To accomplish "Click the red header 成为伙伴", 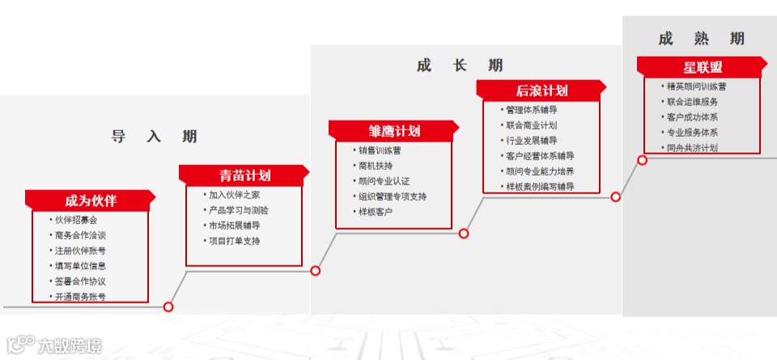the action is pyautogui.click(x=90, y=201).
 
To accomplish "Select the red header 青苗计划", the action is pyautogui.click(x=244, y=176).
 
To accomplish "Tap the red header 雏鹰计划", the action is pyautogui.click(x=393, y=131).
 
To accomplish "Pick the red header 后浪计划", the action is pyautogui.click(x=541, y=91).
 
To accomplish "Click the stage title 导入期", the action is pyautogui.click(x=154, y=137).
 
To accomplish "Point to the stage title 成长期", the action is pyautogui.click(x=460, y=66).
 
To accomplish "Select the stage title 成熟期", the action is pyautogui.click(x=701, y=39).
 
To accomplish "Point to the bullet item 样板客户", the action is pyautogui.click(x=375, y=212).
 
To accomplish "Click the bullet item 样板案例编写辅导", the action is pyautogui.click(x=540, y=187).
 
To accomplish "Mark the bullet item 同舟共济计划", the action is pyautogui.click(x=692, y=148).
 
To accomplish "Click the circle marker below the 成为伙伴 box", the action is pyautogui.click(x=168, y=307).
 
